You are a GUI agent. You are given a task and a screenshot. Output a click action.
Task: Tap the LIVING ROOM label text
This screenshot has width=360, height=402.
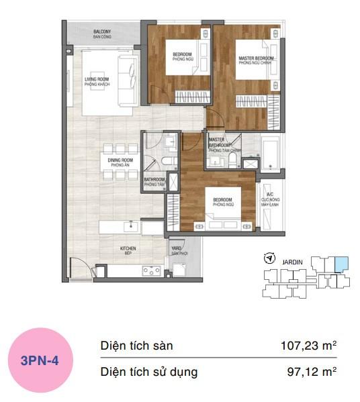[97, 82]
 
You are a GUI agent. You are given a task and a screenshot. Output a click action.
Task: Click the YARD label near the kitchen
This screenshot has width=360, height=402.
[178, 248]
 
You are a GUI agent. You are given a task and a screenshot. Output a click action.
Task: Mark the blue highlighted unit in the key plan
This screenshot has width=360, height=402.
[341, 264]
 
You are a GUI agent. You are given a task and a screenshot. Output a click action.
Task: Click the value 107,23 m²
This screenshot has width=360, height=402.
[308, 346]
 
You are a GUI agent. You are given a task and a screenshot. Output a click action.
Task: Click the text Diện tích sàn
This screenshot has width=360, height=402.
[136, 346]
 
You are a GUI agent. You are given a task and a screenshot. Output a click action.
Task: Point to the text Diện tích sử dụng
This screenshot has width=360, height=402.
[149, 371]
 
